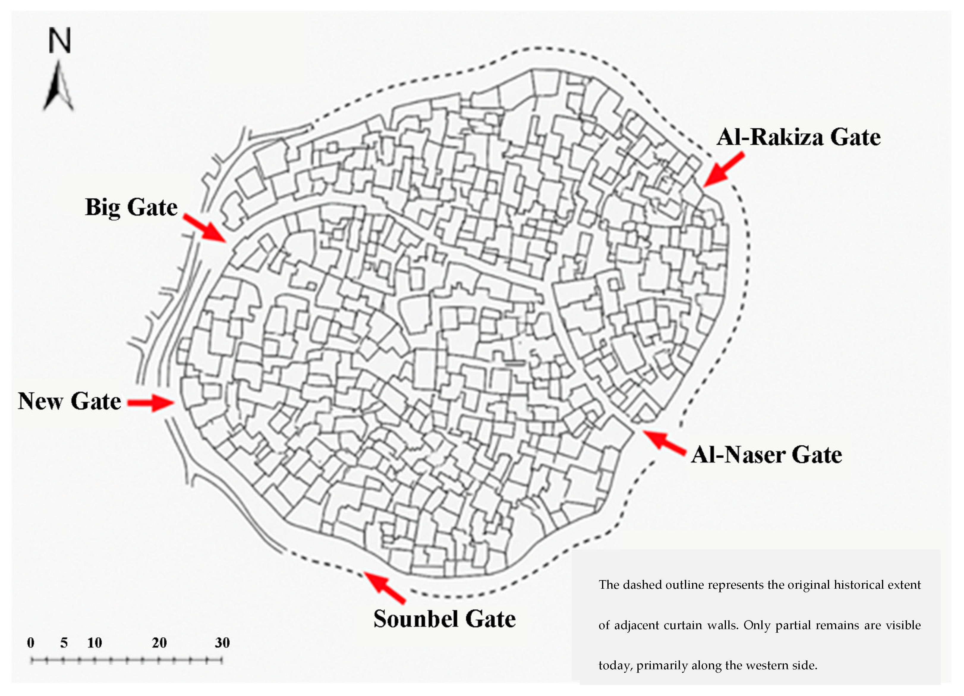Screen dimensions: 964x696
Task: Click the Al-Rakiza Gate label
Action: pos(798,137)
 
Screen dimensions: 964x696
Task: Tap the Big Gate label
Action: pos(131,207)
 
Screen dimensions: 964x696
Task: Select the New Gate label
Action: pos(69,401)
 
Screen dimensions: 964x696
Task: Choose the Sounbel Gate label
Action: pos(445,619)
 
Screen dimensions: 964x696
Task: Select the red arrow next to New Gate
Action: pos(151,402)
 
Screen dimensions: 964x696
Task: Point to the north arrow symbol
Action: pos(59,87)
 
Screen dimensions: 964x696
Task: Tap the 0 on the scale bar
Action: pos(31,643)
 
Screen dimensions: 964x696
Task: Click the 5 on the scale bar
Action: pos(64,643)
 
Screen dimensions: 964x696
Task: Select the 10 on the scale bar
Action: pos(94,643)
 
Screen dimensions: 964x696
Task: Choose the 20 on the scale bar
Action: pos(159,643)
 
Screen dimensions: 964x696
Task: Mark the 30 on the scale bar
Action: pos(222,643)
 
